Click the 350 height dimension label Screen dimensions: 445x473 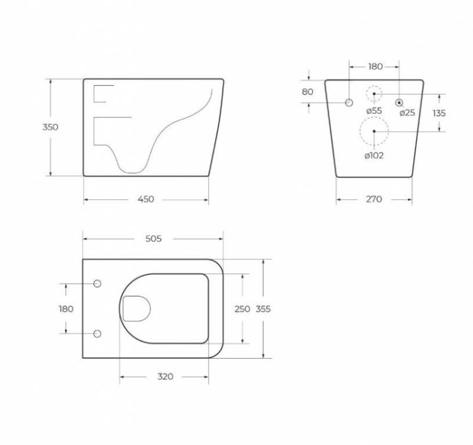point(50,127)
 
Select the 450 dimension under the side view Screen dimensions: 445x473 point(146,200)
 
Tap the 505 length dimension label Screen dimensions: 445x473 point(153,238)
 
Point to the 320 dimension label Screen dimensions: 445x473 point(165,377)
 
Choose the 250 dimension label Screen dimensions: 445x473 point(242,309)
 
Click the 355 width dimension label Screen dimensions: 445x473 point(263,309)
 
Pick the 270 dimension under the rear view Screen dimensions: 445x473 point(373,200)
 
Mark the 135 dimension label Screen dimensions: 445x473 point(440,113)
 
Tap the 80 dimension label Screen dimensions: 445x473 point(308,91)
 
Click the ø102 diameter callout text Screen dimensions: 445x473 point(373,156)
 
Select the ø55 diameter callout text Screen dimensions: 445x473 point(373,111)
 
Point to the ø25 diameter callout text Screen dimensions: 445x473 point(407,113)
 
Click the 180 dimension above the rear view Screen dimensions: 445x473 point(375,66)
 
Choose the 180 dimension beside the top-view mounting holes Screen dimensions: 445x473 point(66,309)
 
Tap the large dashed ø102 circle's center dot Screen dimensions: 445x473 point(374,131)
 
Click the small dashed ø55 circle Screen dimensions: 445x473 point(374,94)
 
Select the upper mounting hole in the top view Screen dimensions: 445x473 point(97,284)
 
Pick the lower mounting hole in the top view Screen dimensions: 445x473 point(97,333)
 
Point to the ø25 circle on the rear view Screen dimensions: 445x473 point(399,102)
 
